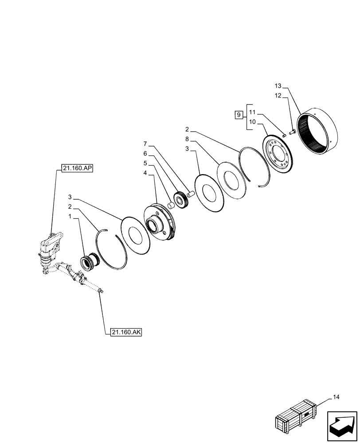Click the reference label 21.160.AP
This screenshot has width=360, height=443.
[x=78, y=169]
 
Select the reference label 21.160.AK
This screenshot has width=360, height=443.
[x=123, y=332]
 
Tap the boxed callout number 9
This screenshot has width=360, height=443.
[x=239, y=115]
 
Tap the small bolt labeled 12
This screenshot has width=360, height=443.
[x=293, y=131]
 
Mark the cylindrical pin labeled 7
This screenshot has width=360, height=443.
[x=192, y=193]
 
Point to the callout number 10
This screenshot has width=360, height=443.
[x=252, y=122]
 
